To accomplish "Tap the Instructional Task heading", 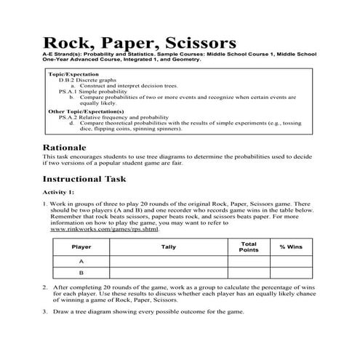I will (x=84, y=179).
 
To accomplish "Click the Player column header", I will (x=81, y=247).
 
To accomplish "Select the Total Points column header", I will (x=249, y=247).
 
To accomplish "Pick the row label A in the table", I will (x=81, y=261).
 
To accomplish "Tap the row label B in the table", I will (x=81, y=273).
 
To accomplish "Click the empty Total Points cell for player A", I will (x=249, y=261).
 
